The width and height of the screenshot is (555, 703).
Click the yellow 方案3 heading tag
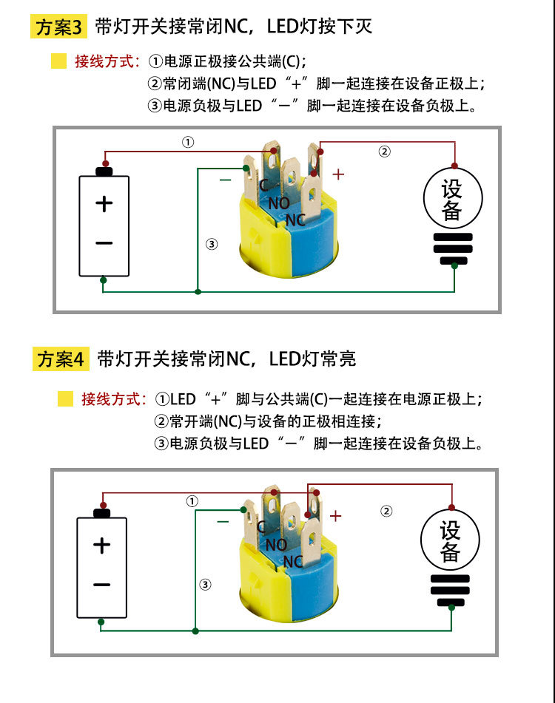pyautogui.click(x=60, y=27)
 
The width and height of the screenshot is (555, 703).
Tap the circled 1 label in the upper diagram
pyautogui.click(x=188, y=141)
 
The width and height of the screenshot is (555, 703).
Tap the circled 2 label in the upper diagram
pyautogui.click(x=384, y=152)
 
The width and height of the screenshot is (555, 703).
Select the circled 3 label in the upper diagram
pyautogui.click(x=212, y=245)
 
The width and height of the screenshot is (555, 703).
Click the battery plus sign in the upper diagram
pyautogui.click(x=104, y=203)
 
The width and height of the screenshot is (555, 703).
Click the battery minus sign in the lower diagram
pyautogui.click(x=102, y=585)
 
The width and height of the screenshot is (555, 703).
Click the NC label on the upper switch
pyautogui.click(x=295, y=220)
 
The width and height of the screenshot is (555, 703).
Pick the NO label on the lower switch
pyautogui.click(x=276, y=545)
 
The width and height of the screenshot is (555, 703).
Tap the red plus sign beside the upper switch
pyautogui.click(x=338, y=174)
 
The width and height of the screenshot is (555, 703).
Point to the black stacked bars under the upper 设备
pyautogui.click(x=453, y=248)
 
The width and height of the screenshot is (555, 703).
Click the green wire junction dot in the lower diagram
pyautogui.click(x=195, y=631)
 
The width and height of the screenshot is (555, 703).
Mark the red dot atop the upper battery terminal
pyautogui.click(x=106, y=163)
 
